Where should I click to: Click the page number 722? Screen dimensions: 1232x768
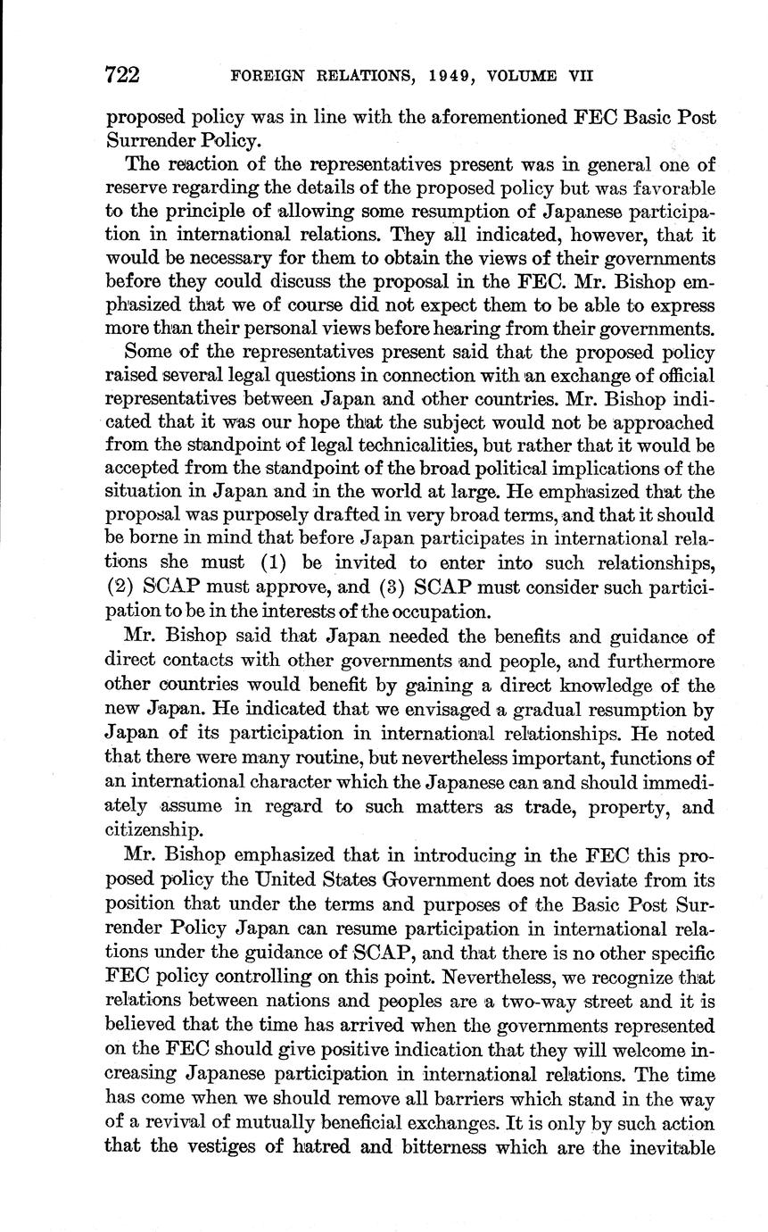click(x=123, y=75)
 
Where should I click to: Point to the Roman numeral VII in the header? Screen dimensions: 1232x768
click(x=581, y=76)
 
